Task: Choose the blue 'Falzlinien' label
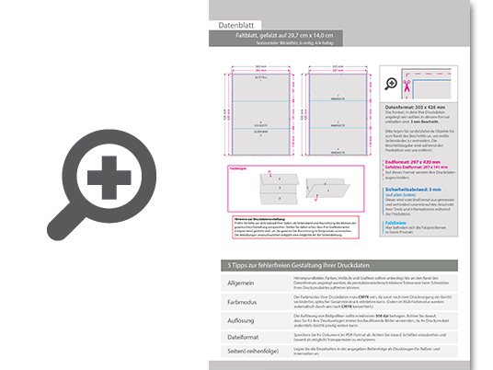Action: pyautogui.click(x=396, y=222)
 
